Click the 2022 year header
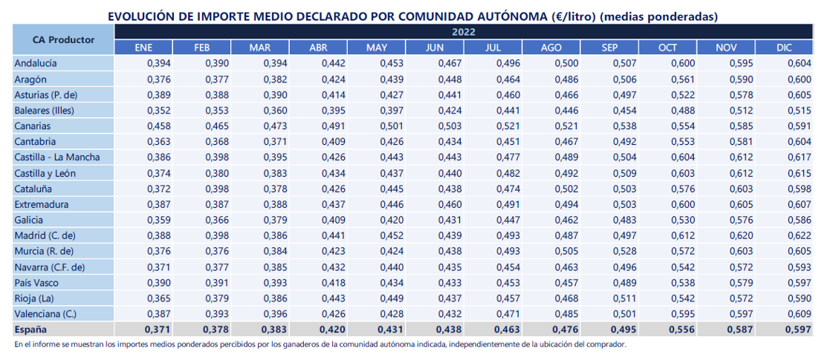[x=463, y=31]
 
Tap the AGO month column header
[x=551, y=48]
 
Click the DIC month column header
[x=784, y=48]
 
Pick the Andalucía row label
[x=36, y=63]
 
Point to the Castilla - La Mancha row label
[x=56, y=157]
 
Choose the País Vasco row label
[x=36, y=282]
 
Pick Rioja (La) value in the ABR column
[x=334, y=298]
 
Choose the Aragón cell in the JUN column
[x=449, y=79]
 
